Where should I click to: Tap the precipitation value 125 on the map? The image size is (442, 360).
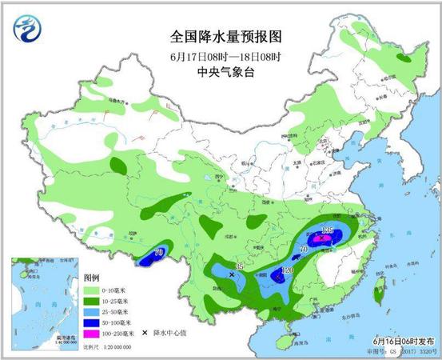tap(326, 231)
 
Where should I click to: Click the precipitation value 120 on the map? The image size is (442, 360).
tap(286, 272)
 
